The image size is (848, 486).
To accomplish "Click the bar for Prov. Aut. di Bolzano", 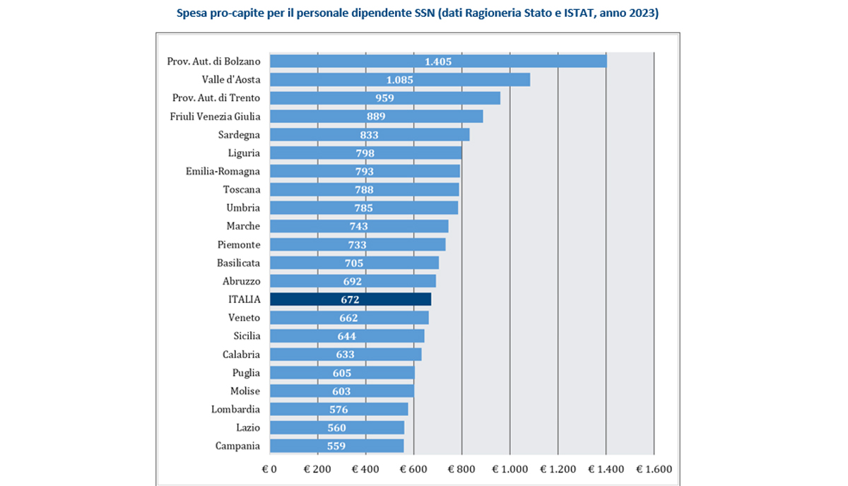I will tap(438, 61).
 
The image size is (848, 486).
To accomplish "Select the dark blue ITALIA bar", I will tap(350, 300).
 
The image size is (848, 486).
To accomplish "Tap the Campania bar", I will tap(336, 446).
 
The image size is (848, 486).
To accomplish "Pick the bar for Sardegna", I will tap(369, 135).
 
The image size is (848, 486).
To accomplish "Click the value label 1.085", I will tap(399, 80).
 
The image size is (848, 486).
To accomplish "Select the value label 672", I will tap(349, 300).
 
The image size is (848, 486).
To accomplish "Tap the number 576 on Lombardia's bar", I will tap(339, 410).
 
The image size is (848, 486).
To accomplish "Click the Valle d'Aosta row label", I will tap(231, 80).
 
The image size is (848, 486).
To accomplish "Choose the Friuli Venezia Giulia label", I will tap(216, 117).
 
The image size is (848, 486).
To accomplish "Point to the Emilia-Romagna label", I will tap(223, 172).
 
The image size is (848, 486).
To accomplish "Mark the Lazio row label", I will tap(248, 428).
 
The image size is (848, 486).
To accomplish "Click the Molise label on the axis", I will tap(245, 391).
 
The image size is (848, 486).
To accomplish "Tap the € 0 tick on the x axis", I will tap(269, 468).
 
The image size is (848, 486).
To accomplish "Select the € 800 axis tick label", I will tap(461, 468).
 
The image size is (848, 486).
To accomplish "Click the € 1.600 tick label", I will tap(654, 468).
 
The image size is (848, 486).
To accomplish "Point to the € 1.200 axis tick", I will tap(558, 468).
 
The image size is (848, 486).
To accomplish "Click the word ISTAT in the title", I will tap(575, 13).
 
